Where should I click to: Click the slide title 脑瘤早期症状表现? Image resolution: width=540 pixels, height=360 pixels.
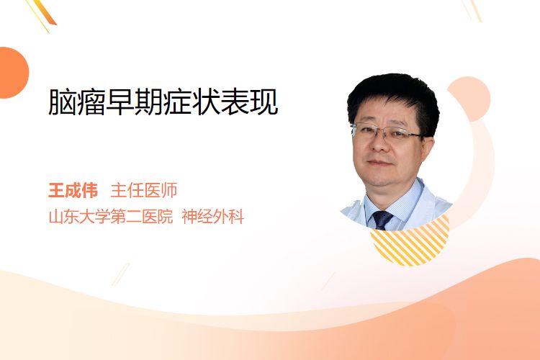click(x=163, y=102)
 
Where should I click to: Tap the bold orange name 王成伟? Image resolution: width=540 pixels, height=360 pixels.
click(x=73, y=190)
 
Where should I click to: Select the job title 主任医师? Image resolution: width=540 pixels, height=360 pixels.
click(x=144, y=190)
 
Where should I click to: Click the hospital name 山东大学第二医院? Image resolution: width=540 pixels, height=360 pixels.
click(x=111, y=217)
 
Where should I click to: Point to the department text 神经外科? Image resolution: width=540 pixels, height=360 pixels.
click(x=213, y=217)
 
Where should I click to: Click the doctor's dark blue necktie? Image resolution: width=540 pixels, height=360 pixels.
click(x=382, y=220)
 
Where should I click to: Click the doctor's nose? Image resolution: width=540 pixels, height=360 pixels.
click(x=379, y=144)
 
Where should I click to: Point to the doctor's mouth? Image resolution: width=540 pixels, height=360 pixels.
click(x=379, y=163)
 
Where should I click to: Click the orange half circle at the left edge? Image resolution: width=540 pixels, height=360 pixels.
click(x=13, y=73)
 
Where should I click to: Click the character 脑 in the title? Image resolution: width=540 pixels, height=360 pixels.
click(x=63, y=102)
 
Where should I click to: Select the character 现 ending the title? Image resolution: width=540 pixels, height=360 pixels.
click(x=264, y=102)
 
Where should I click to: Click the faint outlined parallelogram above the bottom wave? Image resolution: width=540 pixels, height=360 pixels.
click(x=121, y=274)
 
